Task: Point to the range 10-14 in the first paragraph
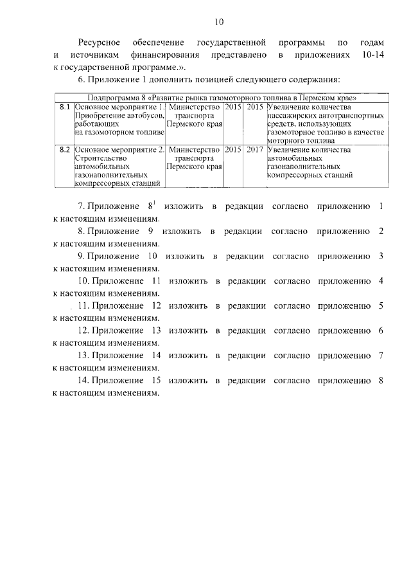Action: point(374,56)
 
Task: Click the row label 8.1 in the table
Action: point(64,105)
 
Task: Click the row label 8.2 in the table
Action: point(64,149)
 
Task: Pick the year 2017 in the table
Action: point(255,149)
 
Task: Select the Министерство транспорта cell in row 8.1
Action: point(195,114)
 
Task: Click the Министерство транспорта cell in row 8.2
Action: point(195,158)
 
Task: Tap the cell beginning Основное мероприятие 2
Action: point(119,166)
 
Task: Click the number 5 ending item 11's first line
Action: point(381,305)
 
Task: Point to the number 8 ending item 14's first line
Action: point(381,380)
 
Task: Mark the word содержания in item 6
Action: point(311,80)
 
